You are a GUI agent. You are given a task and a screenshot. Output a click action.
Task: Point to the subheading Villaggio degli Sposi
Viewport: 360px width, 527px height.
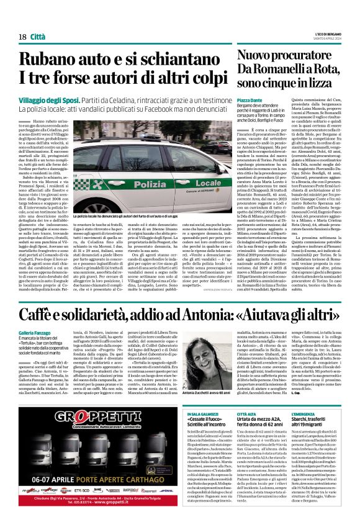pos(45,100)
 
